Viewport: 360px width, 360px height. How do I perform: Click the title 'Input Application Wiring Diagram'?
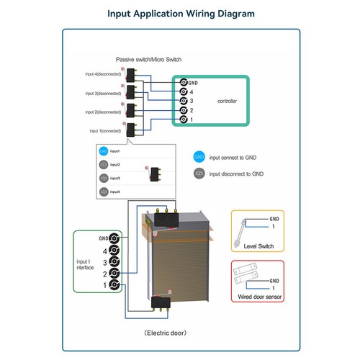(x=181, y=14)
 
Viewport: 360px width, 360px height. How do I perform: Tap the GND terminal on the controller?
(x=184, y=83)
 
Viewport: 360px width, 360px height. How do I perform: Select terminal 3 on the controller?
(x=184, y=101)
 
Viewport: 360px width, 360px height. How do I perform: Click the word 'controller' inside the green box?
(x=227, y=101)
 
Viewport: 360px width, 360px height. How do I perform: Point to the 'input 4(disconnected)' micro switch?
(x=130, y=75)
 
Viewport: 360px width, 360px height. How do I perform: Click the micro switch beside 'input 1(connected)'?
(x=131, y=130)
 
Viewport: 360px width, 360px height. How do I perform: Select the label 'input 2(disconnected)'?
(x=103, y=112)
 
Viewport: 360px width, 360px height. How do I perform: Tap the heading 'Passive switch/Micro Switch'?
(x=148, y=60)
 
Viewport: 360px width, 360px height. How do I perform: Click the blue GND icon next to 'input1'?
(x=104, y=151)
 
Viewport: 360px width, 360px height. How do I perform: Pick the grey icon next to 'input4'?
(x=104, y=192)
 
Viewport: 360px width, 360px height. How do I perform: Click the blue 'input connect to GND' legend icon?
(x=199, y=157)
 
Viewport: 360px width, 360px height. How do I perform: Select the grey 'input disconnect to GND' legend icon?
(x=199, y=174)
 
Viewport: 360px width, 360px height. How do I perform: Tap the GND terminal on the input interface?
(x=114, y=238)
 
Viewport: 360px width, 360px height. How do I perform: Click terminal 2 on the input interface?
(x=114, y=273)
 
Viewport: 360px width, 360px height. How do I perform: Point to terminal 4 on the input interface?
(x=114, y=251)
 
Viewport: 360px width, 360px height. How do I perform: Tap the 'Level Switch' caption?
(x=258, y=246)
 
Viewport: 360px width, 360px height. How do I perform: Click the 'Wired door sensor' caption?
(x=260, y=297)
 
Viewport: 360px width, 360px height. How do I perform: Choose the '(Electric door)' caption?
(x=166, y=333)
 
